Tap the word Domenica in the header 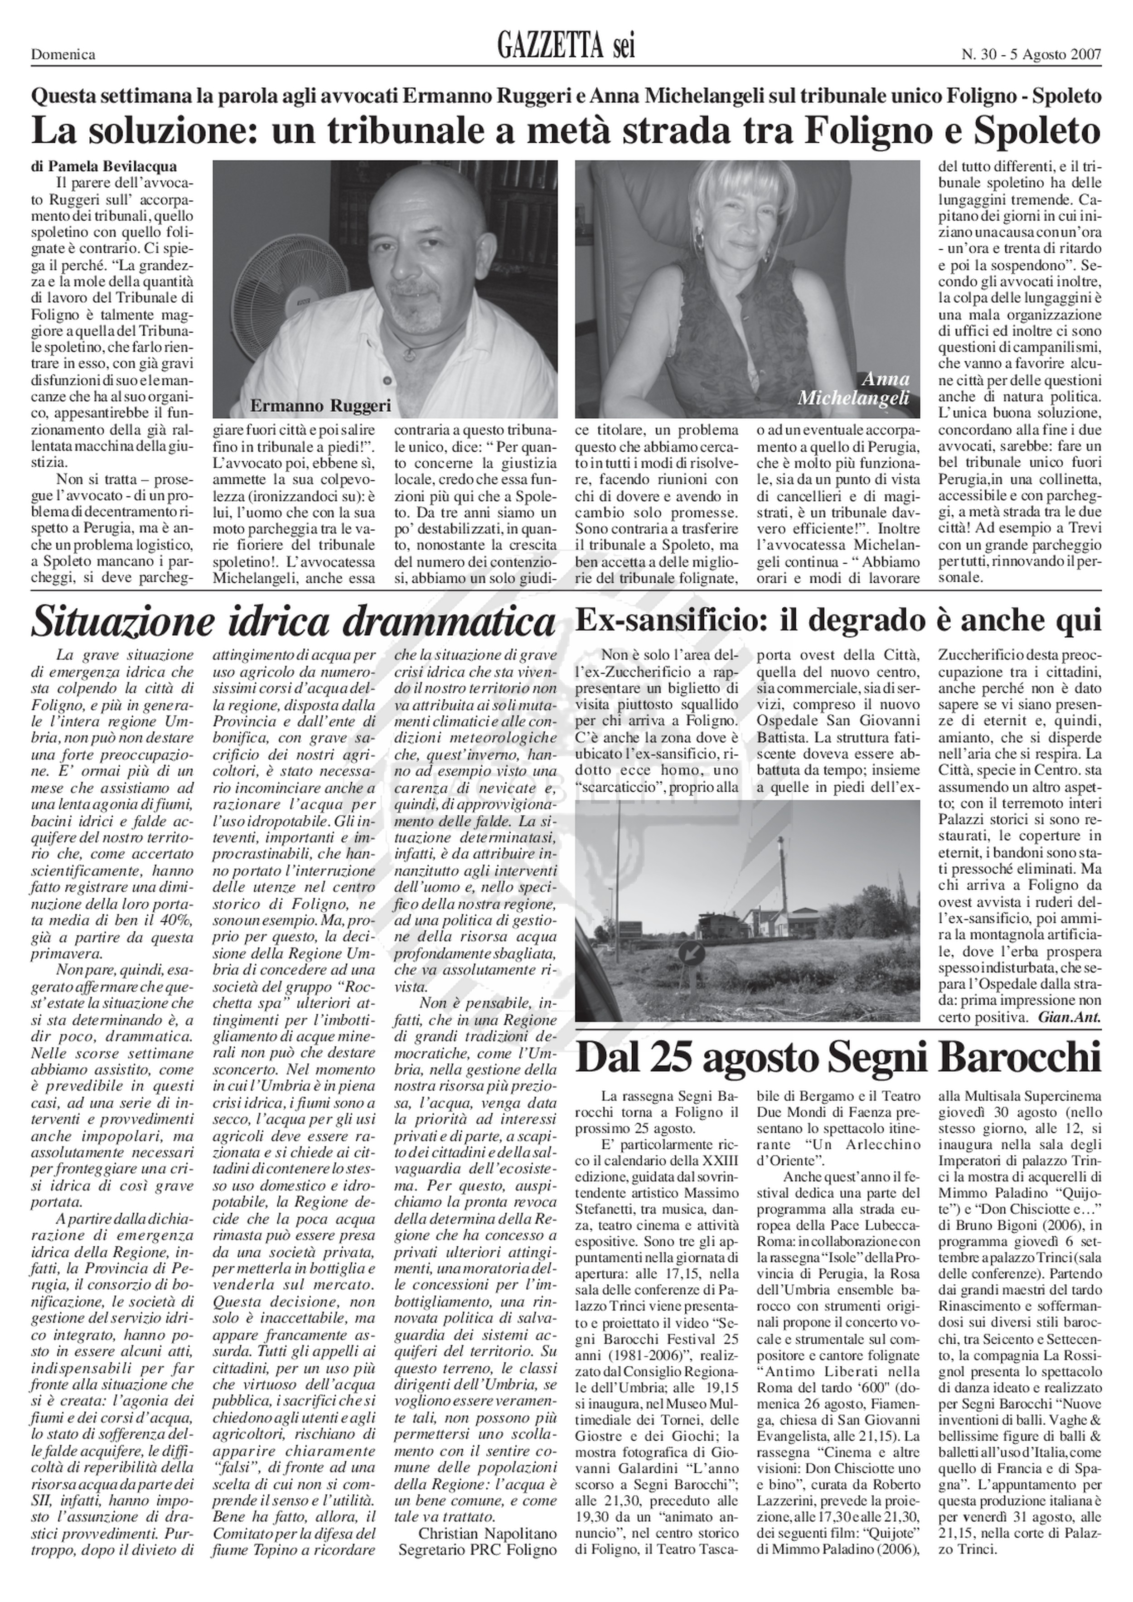(x=63, y=54)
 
